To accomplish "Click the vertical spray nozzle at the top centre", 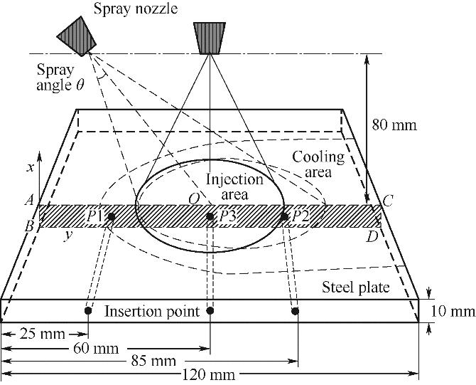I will coord(211,38).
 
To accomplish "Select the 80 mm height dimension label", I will coord(394,125).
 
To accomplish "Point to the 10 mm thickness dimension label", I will coord(452,311).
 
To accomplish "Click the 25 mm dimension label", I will coord(40,332).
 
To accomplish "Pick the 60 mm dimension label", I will coord(95,349).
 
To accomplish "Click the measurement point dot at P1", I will coord(111,216).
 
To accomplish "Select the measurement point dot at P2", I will coord(284,216).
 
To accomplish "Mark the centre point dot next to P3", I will coord(210,216).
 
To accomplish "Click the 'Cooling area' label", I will coord(319,164).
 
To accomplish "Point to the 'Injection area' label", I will coord(234,186).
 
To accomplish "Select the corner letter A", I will coord(30,201).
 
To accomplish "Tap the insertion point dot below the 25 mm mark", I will coord(87,311).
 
